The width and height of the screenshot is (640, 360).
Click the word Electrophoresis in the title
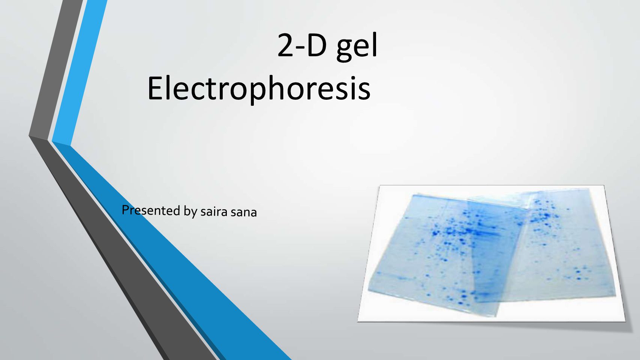(x=259, y=89)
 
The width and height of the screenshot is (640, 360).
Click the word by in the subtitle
(x=190, y=212)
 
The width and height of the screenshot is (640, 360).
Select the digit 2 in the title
(x=285, y=45)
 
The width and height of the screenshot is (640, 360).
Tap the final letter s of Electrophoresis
(x=364, y=92)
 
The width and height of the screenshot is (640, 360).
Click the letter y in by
(x=195, y=214)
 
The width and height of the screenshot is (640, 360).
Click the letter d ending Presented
(x=177, y=211)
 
